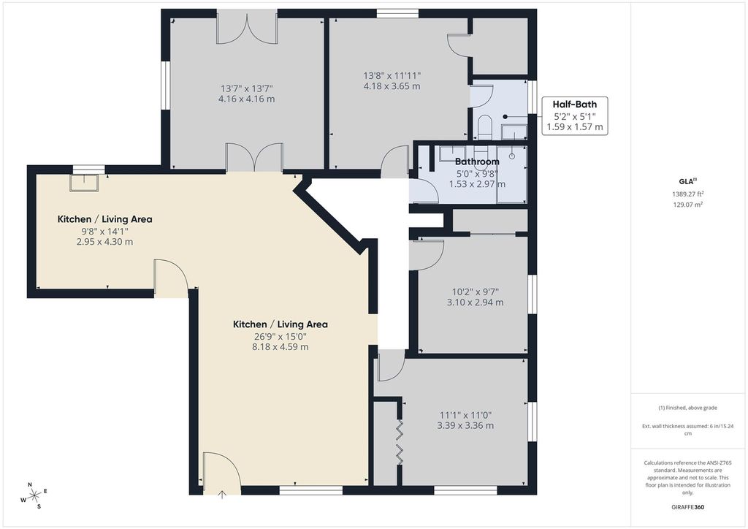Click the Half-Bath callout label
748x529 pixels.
(574, 104)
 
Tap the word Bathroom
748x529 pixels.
(477, 161)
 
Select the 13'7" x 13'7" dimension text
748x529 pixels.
(247, 88)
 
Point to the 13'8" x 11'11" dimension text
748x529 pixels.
(392, 75)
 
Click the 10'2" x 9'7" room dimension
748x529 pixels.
(475, 292)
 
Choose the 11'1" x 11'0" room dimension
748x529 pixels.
(465, 415)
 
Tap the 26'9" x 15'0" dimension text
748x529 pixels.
(280, 336)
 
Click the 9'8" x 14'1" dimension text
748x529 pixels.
(104, 232)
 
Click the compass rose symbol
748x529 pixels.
(34, 496)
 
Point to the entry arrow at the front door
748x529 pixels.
(222, 495)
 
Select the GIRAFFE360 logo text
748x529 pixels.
(687, 507)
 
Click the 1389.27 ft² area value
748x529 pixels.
(687, 194)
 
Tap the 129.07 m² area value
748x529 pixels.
(687, 205)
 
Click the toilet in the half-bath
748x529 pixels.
(484, 127)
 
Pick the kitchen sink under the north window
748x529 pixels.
(85, 183)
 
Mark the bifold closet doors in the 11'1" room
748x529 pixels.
(400, 442)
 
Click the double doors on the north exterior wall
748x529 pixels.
(247, 28)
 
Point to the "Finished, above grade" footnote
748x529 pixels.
(687, 408)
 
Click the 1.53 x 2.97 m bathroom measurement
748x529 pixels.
(477, 184)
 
